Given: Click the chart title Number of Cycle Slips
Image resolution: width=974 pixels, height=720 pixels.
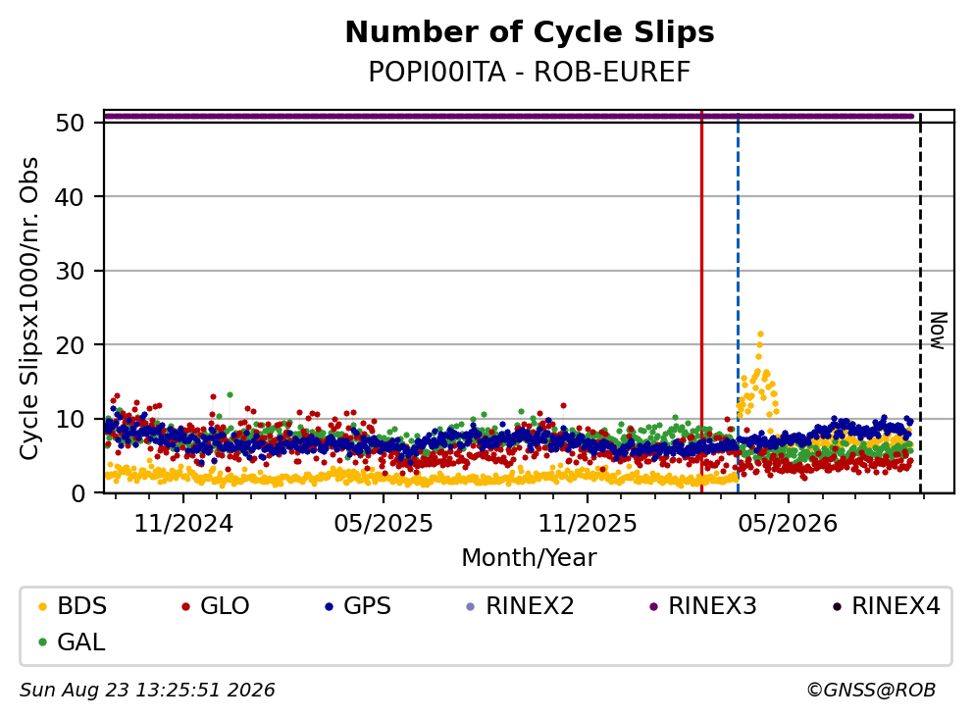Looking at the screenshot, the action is (530, 32).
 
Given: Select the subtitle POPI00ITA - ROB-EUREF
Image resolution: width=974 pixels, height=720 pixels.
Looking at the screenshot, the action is (530, 72).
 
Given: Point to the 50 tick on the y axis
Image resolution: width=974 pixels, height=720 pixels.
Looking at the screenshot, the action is (70, 123).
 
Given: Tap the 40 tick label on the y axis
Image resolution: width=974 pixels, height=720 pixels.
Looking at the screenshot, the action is (70, 197).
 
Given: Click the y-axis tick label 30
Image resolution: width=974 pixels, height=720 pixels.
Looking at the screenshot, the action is (70, 271).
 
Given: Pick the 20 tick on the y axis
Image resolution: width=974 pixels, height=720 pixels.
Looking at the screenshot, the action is (70, 344).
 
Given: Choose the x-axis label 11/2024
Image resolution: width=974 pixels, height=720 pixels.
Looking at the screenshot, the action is (183, 524).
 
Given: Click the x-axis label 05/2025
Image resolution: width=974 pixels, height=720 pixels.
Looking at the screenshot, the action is (384, 524).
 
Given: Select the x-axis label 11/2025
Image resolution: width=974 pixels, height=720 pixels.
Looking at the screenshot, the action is (587, 524).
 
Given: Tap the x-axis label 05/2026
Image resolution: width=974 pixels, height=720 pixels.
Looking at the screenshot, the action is (788, 524).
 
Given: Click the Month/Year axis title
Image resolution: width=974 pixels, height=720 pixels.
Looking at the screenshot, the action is (529, 558).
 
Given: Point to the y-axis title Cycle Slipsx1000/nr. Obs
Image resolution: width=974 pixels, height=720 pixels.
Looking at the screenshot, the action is (29, 308).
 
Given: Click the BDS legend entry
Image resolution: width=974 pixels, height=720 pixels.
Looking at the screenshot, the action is (73, 605).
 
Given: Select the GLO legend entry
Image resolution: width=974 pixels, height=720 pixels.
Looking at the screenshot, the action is (216, 605).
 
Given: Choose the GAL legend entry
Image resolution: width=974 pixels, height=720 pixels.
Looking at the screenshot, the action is (72, 642).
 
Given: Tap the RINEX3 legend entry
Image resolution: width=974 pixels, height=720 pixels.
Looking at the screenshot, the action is (703, 605).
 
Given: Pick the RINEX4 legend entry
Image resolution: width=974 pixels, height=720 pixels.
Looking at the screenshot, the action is (887, 605).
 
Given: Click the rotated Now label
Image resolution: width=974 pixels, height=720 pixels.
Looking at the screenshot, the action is (938, 331).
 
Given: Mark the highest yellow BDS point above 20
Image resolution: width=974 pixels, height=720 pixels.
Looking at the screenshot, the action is (760, 334).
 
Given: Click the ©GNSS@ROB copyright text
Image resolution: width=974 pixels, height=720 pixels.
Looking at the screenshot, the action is (871, 690).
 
